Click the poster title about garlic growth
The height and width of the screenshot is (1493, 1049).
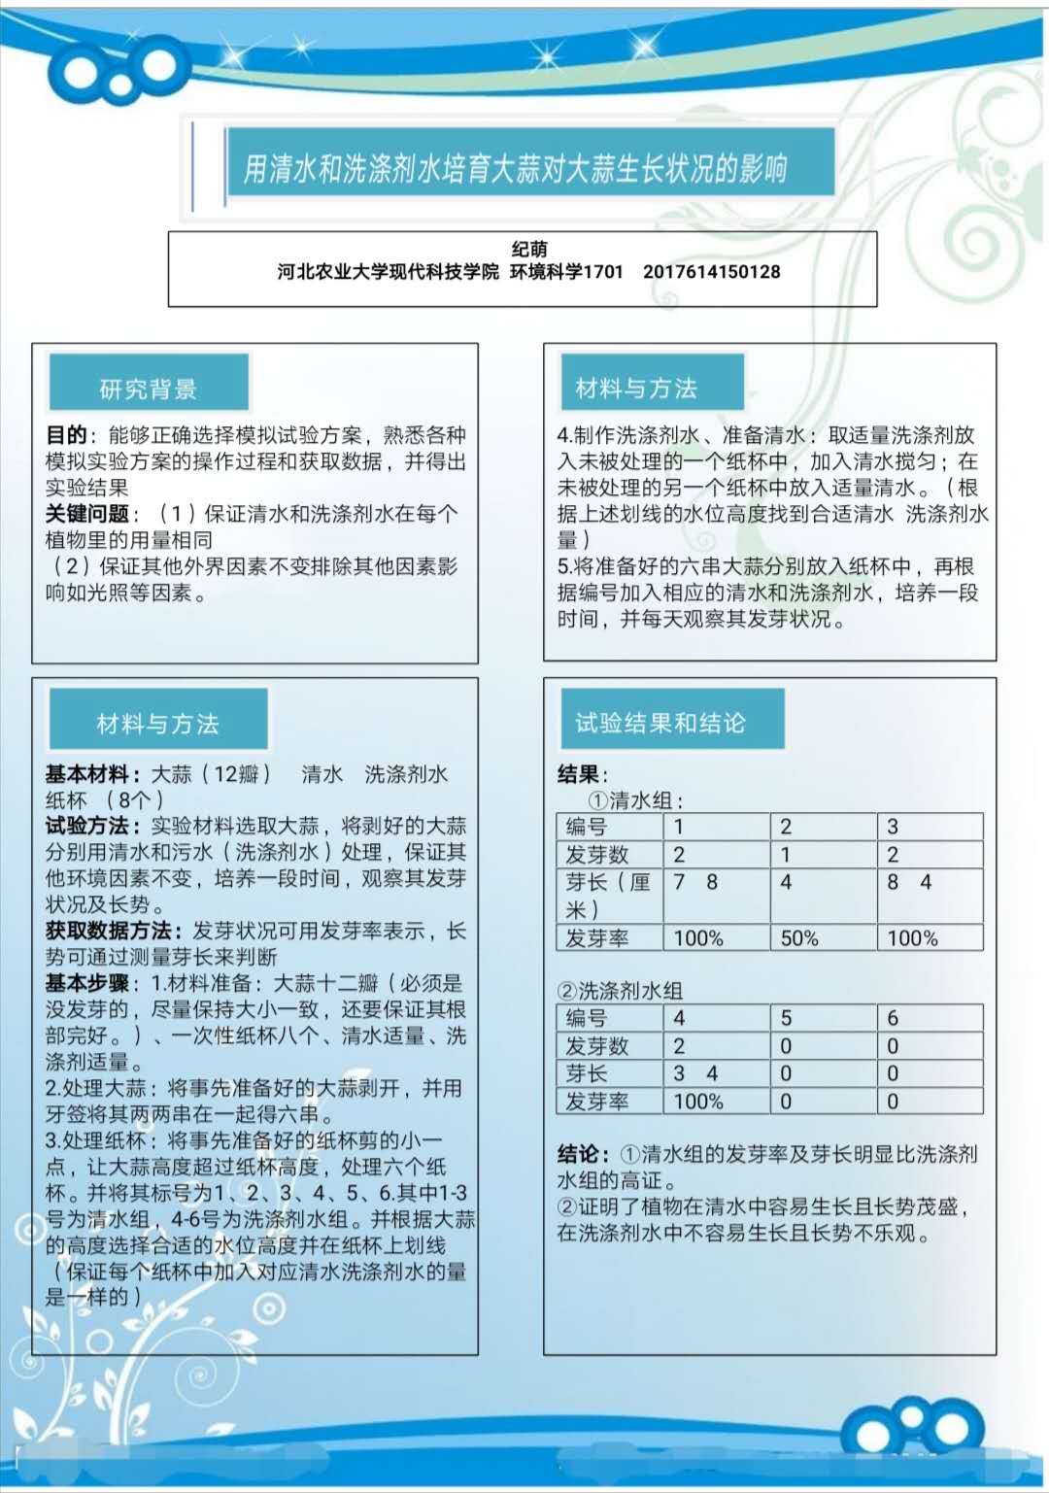pyautogui.click(x=515, y=168)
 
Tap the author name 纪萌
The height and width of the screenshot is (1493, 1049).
pyautogui.click(x=529, y=250)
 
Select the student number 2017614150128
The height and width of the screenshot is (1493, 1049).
pyautogui.click(x=711, y=272)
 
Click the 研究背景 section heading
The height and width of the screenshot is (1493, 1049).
pyautogui.click(x=149, y=389)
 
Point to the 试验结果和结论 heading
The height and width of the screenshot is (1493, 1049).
pyautogui.click(x=660, y=722)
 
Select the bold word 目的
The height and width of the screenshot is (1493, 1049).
pyautogui.click(x=66, y=434)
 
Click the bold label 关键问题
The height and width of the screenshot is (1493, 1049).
pyautogui.click(x=86, y=513)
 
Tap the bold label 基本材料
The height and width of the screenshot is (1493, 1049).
pyautogui.click(x=86, y=774)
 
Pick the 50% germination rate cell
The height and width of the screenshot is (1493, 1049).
pyautogui.click(x=799, y=938)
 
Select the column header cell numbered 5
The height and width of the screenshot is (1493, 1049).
pyautogui.click(x=786, y=1018)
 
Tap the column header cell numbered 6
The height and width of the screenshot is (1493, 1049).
pyautogui.click(x=893, y=1018)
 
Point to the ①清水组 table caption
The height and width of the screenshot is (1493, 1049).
pyautogui.click(x=636, y=800)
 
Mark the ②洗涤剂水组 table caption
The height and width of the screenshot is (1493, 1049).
pyautogui.click(x=620, y=991)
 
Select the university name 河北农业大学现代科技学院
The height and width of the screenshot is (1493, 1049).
pyautogui.click(x=388, y=272)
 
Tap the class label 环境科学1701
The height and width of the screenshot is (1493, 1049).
pyautogui.click(x=566, y=272)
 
